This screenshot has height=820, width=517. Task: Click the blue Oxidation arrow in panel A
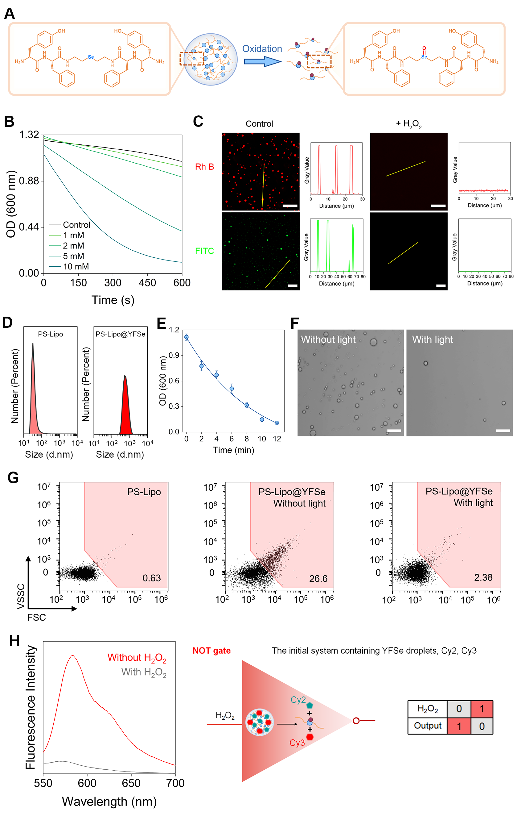click(262, 61)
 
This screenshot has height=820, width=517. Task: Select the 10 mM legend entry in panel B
click(76, 267)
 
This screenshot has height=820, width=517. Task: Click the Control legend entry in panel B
click(76, 225)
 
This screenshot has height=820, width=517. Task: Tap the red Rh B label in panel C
click(204, 167)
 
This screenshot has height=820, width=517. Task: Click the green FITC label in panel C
click(204, 251)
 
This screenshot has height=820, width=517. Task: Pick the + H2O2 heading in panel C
click(408, 124)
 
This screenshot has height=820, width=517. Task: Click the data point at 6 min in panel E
click(232, 389)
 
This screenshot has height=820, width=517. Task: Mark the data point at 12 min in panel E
click(277, 423)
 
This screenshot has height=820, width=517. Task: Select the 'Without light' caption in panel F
click(328, 339)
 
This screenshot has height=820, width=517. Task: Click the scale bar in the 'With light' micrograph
click(503, 431)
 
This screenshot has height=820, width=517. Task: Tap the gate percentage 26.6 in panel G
click(318, 579)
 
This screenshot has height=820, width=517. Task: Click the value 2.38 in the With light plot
click(483, 577)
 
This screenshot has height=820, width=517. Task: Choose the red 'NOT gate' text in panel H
click(211, 651)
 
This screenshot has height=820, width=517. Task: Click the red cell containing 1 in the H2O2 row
click(482, 709)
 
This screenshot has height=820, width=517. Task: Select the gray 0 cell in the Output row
click(482, 726)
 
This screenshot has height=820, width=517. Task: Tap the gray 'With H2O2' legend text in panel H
click(144, 672)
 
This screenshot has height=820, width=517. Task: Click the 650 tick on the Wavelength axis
click(131, 783)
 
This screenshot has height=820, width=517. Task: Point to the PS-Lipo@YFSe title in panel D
click(121, 334)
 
